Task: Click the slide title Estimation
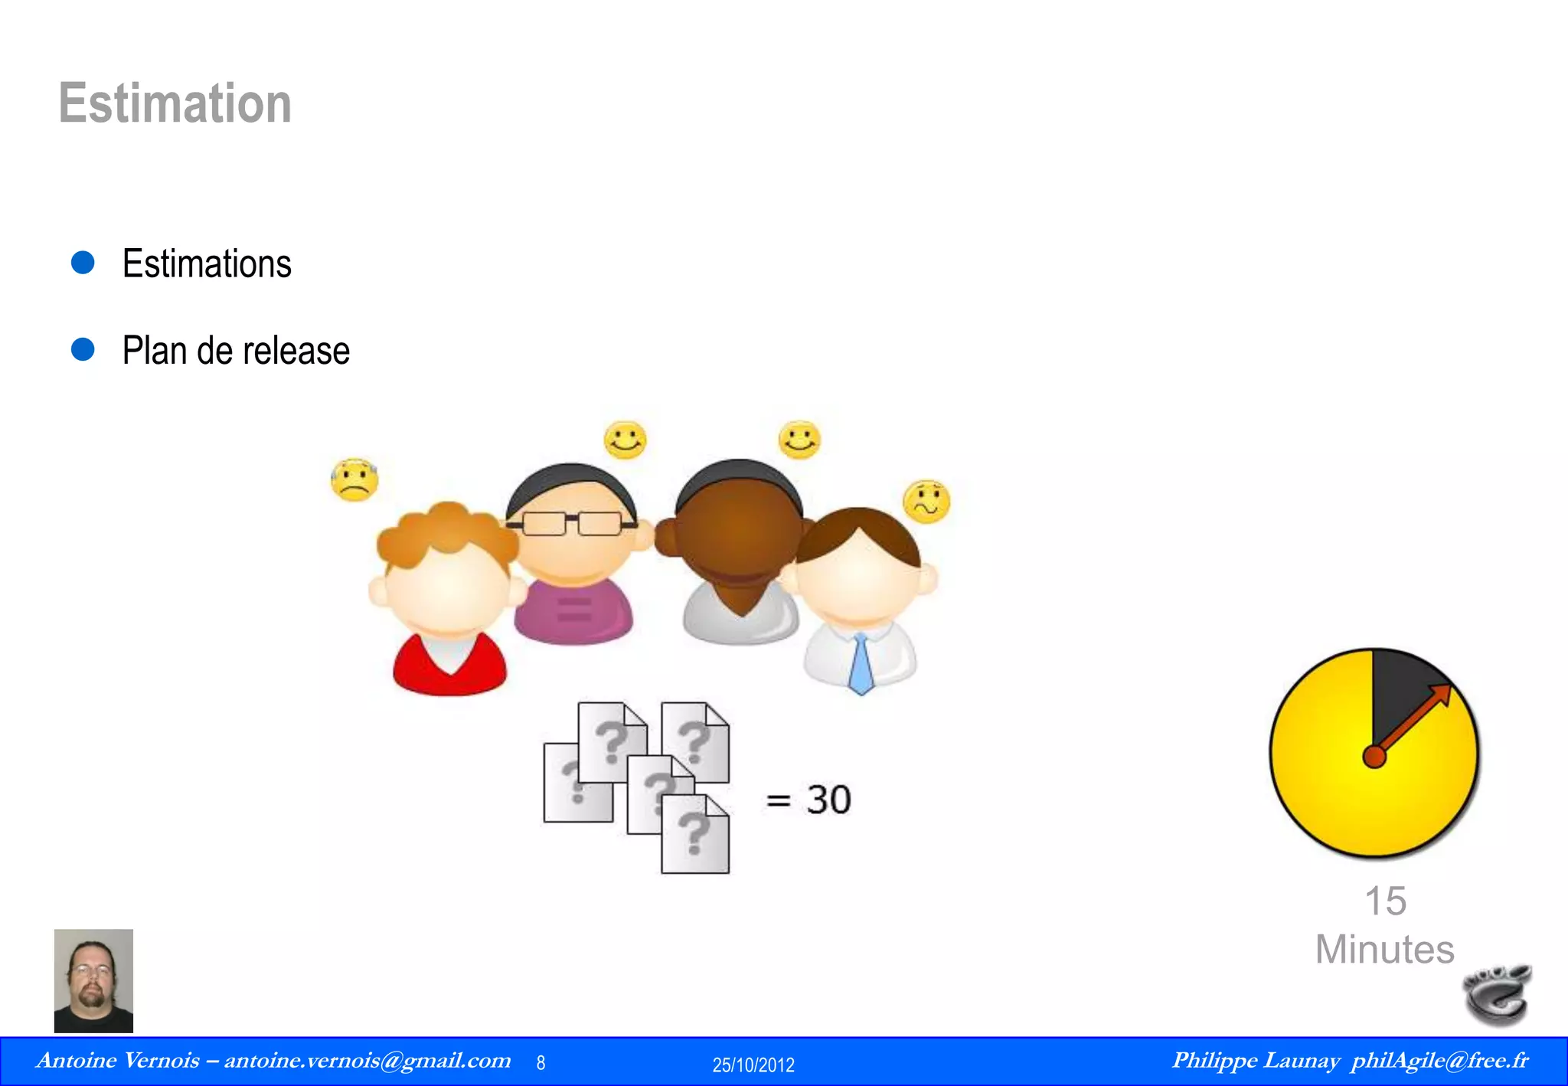coord(175,103)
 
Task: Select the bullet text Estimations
coord(207,264)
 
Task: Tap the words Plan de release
coord(236,351)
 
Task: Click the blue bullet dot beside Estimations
coord(83,263)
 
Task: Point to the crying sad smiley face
coord(354,480)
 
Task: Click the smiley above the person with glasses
coord(625,440)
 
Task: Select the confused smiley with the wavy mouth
coord(926,502)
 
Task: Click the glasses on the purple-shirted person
coord(573,524)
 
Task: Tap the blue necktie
coord(861,665)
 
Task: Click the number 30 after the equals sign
coord(828,800)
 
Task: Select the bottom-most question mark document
coord(695,835)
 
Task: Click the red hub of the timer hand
coord(1374,757)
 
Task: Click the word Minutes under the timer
coord(1384,950)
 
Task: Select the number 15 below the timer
coord(1385,901)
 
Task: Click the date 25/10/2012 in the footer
coord(753,1065)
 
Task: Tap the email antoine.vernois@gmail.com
coord(367,1061)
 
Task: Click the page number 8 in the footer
coord(541,1063)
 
